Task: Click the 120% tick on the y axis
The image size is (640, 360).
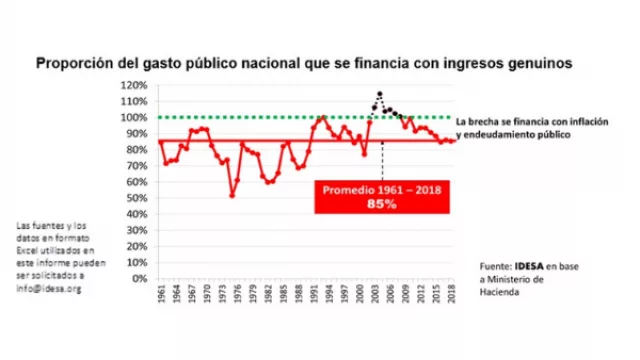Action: coord(134,84)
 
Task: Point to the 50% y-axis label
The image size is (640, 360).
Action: coord(137,197)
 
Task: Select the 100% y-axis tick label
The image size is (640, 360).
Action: coord(134,117)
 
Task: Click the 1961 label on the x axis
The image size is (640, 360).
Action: coord(161,297)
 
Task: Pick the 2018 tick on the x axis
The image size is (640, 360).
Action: coord(454,297)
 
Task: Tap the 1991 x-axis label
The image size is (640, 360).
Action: coord(315,297)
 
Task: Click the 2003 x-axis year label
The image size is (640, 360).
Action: coord(377,297)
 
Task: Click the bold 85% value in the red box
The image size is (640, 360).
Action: coord(381,205)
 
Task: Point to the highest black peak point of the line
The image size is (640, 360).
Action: coord(379,94)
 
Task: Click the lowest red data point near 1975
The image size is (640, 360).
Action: coord(232,194)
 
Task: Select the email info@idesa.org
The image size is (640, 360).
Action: coord(48,289)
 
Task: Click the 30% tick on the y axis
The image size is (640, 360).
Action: coord(137,229)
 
